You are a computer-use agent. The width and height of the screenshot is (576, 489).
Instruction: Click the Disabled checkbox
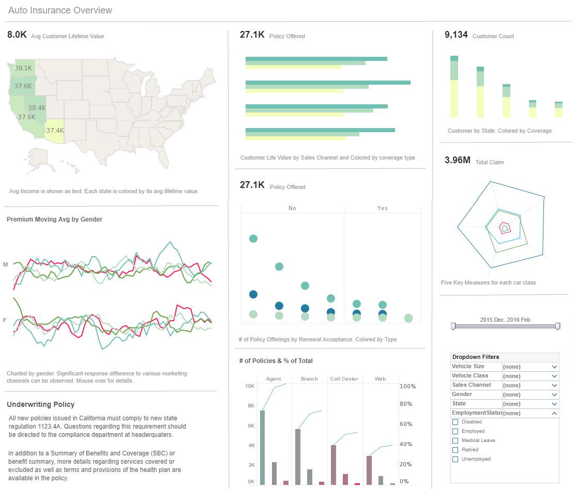click(x=456, y=422)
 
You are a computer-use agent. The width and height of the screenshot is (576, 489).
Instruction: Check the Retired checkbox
click(x=456, y=450)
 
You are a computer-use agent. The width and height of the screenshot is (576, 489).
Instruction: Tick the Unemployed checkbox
click(x=456, y=459)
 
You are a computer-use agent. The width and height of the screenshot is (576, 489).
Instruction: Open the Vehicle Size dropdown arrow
click(x=554, y=367)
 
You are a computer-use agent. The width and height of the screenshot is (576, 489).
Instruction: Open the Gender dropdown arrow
click(x=554, y=395)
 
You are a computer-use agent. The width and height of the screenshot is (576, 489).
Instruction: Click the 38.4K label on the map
click(x=37, y=108)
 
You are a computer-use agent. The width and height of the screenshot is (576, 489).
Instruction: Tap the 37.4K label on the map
click(x=55, y=131)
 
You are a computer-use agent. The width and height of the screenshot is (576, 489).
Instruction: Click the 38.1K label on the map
click(x=23, y=68)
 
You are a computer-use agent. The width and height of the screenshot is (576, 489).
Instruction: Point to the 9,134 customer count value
click(x=456, y=35)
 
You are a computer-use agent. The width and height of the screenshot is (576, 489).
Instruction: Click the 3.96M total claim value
click(x=458, y=160)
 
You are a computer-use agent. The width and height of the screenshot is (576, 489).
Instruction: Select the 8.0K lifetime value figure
click(x=17, y=35)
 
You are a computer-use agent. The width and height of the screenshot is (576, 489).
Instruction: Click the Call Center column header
click(x=344, y=378)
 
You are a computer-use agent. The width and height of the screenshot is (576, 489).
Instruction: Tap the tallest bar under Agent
click(x=263, y=447)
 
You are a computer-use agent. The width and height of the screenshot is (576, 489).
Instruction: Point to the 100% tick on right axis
click(x=408, y=386)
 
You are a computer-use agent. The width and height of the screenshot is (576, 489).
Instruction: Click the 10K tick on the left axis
click(x=249, y=386)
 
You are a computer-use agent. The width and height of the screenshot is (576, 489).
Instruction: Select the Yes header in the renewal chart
click(x=383, y=208)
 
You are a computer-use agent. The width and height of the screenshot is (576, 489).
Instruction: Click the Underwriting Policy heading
click(x=41, y=404)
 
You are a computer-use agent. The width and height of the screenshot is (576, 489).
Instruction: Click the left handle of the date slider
click(x=453, y=326)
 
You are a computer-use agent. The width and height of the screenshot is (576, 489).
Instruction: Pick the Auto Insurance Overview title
click(x=60, y=10)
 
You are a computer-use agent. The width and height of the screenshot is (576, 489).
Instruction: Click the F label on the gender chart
click(x=5, y=320)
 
